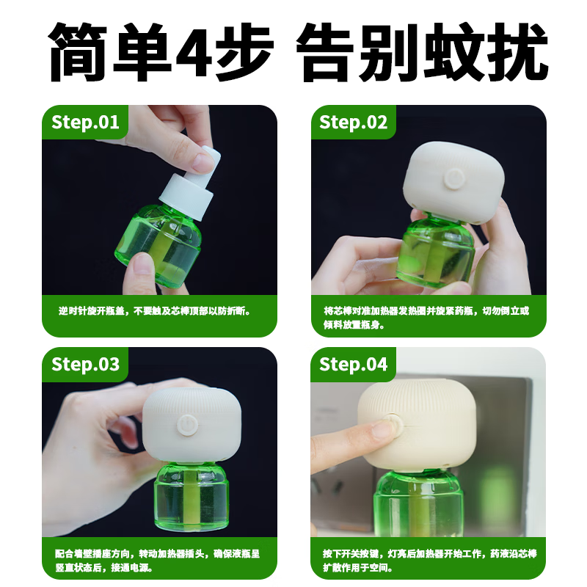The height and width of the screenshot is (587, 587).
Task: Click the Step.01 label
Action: (85, 122)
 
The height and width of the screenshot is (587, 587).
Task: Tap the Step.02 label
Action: (353, 122)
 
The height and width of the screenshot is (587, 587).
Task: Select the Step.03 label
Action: (85, 364)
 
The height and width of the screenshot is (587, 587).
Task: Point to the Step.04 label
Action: (353, 364)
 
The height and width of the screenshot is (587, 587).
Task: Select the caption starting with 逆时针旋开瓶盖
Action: (155, 310)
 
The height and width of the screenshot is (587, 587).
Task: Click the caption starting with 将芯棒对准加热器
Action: (426, 317)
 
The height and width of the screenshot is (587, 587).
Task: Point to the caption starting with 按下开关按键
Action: (426, 561)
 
